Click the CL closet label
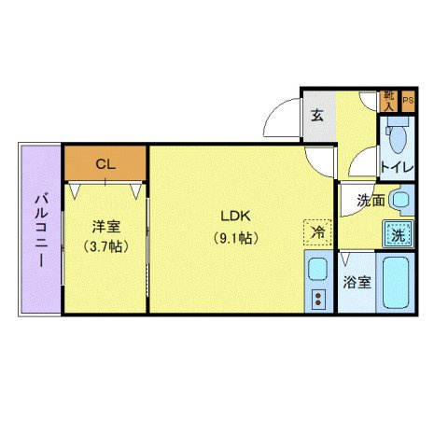(x=105, y=164)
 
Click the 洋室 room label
(x=105, y=226)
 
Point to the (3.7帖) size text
(x=105, y=246)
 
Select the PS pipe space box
(x=408, y=100)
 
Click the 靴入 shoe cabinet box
(x=389, y=99)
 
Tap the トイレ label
(x=398, y=168)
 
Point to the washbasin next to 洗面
(x=402, y=200)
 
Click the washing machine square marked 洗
(x=399, y=233)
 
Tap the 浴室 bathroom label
(x=357, y=281)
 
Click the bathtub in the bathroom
(x=397, y=283)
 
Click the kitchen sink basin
(x=316, y=272)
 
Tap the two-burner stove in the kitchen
(x=318, y=299)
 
